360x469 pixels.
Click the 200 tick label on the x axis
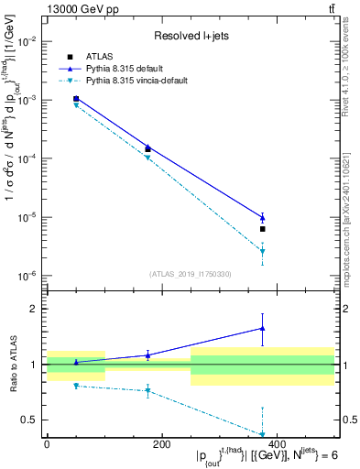coord(161,444)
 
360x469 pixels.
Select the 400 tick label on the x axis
coord(277,444)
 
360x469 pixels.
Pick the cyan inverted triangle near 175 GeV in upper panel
coord(147,158)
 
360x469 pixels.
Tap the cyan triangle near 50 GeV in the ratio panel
coord(76,386)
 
